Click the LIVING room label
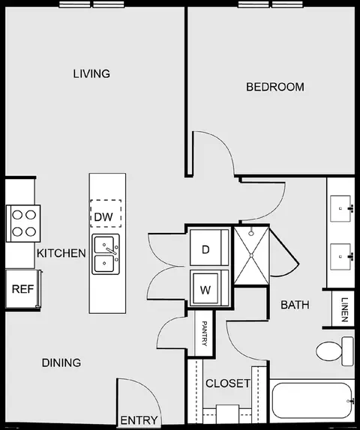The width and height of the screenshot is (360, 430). click(91, 73)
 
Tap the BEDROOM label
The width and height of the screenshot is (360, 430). click(275, 87)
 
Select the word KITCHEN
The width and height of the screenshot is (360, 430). click(61, 253)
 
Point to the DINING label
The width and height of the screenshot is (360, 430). click(61, 363)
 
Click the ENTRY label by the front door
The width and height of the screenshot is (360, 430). click(139, 420)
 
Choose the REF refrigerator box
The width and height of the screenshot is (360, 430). click(23, 289)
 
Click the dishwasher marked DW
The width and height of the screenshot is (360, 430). click(106, 214)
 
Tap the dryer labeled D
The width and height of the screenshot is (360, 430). click(209, 248)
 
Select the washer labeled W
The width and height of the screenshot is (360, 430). click(209, 288)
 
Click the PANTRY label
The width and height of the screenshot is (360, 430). click(205, 333)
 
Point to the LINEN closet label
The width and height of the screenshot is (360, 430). click(344, 309)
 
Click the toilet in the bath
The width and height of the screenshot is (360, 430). click(334, 351)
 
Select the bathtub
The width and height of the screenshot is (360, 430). click(313, 400)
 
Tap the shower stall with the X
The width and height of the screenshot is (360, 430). click(251, 255)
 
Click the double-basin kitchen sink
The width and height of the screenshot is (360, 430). click(106, 254)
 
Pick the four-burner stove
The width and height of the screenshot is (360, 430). click(23, 223)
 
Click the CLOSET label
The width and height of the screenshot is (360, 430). click(228, 383)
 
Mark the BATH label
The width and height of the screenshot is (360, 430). click(295, 305)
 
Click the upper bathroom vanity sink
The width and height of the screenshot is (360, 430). click(340, 208)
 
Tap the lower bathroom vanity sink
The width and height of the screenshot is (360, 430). click(340, 257)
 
